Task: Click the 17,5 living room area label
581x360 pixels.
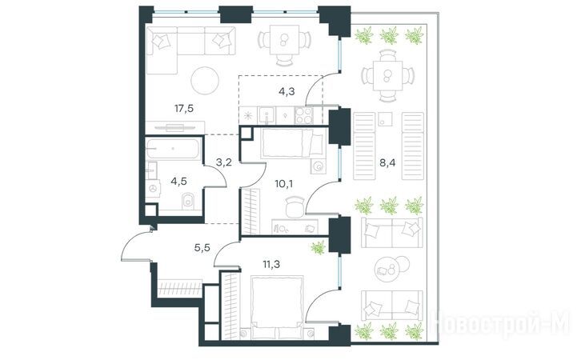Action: point(184,109)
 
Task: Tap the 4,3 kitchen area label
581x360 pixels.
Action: point(286,91)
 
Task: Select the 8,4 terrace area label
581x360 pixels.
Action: point(387,162)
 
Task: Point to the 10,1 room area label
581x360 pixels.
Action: point(283,183)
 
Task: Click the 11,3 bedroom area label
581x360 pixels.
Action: point(271,264)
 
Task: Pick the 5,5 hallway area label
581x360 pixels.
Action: point(202,247)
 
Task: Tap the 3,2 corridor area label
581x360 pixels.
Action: point(224,162)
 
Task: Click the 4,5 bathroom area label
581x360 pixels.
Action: point(178,182)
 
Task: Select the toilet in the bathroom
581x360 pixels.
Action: point(188,200)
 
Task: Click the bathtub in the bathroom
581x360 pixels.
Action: point(173,149)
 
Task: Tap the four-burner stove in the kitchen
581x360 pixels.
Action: point(304,115)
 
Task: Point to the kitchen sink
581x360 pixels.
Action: point(266,115)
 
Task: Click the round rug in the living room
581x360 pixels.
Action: point(205,80)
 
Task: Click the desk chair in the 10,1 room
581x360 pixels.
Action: point(295,207)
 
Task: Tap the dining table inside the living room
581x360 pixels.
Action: point(284,40)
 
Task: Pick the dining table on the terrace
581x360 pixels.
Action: point(387,75)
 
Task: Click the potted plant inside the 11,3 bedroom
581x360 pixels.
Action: point(319,247)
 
